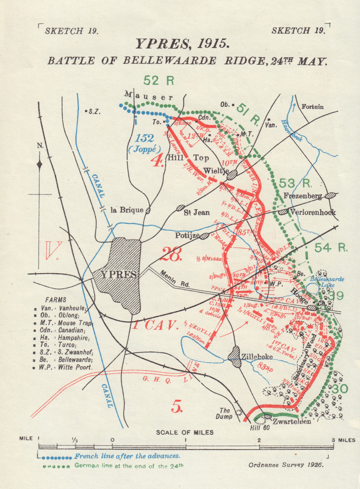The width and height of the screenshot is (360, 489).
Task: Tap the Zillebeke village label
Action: coord(257,357)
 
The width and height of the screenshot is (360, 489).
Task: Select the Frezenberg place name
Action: coord(302,196)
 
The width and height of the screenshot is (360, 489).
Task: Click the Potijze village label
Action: coord(187,235)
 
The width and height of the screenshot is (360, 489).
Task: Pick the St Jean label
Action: coord(197,212)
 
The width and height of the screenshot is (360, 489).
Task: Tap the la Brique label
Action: coord(127,210)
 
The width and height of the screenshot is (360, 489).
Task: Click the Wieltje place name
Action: coord(216,170)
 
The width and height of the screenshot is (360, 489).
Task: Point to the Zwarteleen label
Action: coord(292,421)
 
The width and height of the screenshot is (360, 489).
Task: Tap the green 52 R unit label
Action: coord(159,80)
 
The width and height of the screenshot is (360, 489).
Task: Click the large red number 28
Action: coord(171,254)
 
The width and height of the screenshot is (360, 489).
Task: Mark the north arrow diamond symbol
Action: coord(40,165)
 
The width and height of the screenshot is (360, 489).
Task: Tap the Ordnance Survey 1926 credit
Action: coord(286,465)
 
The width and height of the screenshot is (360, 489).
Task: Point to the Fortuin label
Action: coord(312,107)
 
